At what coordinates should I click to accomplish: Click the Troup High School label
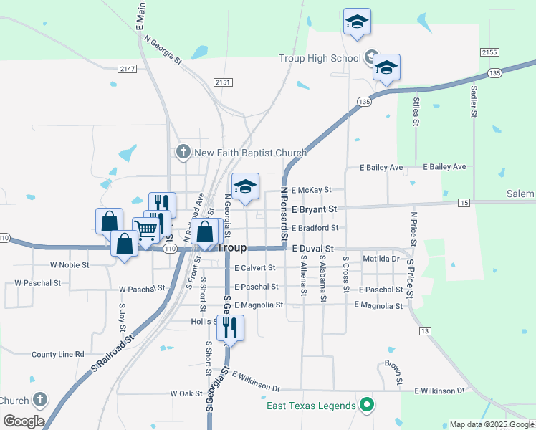tap(320, 57)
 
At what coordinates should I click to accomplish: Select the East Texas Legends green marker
tap(367, 406)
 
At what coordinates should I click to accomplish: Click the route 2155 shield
tap(489, 52)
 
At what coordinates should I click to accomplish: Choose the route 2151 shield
tap(223, 82)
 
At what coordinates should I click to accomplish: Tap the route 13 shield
tap(426, 330)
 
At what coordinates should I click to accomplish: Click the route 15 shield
tap(464, 204)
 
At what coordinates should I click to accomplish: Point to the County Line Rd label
tap(58, 355)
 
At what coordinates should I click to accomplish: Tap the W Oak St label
tap(186, 393)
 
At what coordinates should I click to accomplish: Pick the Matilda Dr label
tap(381, 259)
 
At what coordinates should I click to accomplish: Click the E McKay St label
tap(312, 190)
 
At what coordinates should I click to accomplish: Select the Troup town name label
tap(231, 247)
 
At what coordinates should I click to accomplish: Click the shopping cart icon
tap(145, 231)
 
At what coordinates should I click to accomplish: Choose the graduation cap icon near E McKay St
tap(245, 188)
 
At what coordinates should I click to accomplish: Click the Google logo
tap(24, 421)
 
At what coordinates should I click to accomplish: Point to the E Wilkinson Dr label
tap(440, 391)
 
